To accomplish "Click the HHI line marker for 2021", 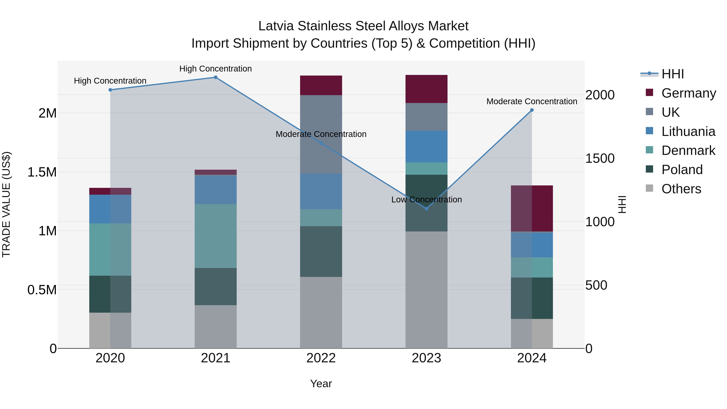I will pos(216,77).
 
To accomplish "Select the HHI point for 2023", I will pos(427,209).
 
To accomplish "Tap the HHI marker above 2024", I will pos(532,110).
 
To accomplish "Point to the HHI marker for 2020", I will pos(110,90).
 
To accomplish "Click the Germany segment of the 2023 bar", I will pos(427,89).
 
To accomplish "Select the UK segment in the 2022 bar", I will pos(321,134).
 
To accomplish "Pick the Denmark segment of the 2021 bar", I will pos(216,236).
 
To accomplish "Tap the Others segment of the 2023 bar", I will pos(427,290).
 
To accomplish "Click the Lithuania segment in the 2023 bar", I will pos(427,146).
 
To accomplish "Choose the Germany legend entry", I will pos(688,93).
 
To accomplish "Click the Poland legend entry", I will pos(682,170).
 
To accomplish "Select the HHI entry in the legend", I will pos(672,74).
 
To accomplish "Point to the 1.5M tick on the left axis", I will pos(42,172).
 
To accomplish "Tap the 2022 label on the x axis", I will pos(321,358).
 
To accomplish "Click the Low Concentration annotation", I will pos(427,200).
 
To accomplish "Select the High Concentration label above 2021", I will pos(216,69).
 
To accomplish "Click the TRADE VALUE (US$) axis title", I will pos(6,204).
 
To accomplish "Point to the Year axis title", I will pos(321,384).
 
